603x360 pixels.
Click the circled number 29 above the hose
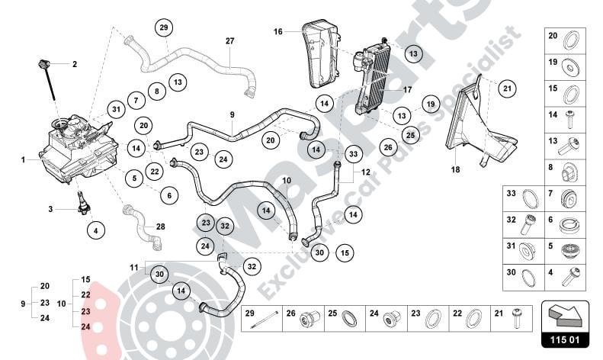click(x=162, y=28)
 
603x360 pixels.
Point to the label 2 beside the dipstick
click(x=75, y=65)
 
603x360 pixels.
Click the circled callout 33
click(x=353, y=154)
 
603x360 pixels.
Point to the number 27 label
click(x=229, y=40)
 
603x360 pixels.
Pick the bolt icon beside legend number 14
click(x=569, y=117)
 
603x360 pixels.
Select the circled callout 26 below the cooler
click(x=386, y=146)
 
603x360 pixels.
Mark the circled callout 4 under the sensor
click(x=95, y=229)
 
